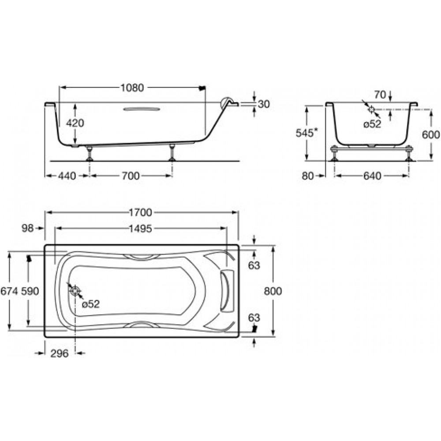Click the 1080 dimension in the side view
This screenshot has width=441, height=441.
click(132, 88)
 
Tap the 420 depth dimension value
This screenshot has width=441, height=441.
click(75, 123)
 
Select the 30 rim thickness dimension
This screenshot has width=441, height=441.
click(264, 104)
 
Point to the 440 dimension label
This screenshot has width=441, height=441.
click(67, 176)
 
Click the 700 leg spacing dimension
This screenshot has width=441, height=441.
click(131, 176)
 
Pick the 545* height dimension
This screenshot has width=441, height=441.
click(306, 133)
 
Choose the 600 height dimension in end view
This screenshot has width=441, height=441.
click(430, 135)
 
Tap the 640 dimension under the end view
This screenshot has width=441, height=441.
click(372, 176)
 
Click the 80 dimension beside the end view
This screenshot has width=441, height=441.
click(308, 176)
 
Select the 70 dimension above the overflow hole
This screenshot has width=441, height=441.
click(380, 95)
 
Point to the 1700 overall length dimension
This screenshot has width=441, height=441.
click(140, 213)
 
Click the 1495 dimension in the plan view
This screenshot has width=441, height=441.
click(140, 228)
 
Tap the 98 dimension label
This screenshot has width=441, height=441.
click(27, 228)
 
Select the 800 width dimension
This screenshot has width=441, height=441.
click(273, 291)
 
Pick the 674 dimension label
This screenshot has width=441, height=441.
click(9, 291)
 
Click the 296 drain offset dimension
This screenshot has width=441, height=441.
click(60, 353)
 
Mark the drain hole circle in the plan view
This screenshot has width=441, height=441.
click(75, 291)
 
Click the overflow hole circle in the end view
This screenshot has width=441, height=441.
click(371, 109)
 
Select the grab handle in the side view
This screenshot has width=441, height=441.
click(142, 109)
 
